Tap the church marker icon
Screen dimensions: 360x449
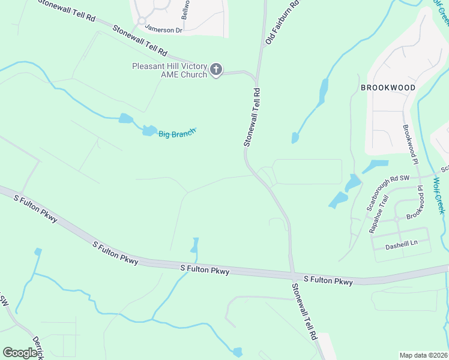coord(216,70)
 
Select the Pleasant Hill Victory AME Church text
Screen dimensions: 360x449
coord(170,70)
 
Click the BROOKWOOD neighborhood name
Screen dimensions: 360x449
coord(388,88)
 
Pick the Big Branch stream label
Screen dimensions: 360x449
coord(177,133)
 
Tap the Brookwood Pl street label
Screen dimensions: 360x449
coord(410,144)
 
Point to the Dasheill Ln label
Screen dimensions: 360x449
coord(401,244)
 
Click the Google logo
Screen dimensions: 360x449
coord(20,353)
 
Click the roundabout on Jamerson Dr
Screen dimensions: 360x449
coord(142,21)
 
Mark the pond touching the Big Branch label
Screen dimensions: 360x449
coord(149,130)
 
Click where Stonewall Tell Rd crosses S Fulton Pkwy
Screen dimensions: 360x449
coord(292,274)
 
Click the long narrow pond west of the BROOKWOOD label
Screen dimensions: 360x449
coord(323,92)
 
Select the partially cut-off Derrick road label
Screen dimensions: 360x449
coord(38,347)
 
